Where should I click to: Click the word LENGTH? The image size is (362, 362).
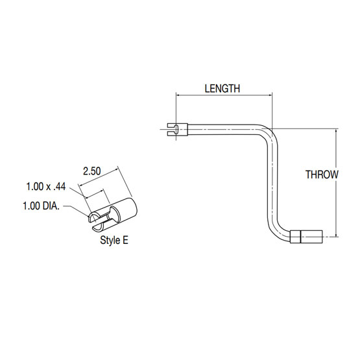(223, 88)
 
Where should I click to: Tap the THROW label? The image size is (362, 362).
(322, 174)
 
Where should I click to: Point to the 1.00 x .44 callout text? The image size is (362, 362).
(47, 186)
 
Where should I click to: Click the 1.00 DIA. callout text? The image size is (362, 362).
(42, 207)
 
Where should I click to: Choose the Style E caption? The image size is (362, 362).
(114, 240)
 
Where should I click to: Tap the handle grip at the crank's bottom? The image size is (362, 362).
(308, 237)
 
